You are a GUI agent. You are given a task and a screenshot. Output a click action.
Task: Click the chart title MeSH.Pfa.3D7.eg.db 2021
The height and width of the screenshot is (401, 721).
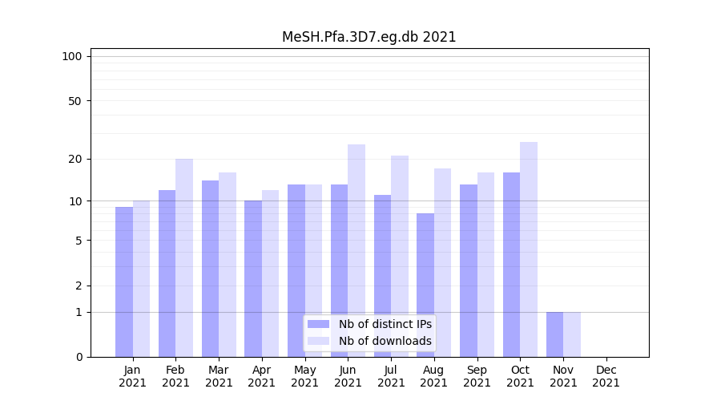coord(369,37)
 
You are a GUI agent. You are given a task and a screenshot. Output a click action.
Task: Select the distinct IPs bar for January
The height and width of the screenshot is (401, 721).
coord(124,281)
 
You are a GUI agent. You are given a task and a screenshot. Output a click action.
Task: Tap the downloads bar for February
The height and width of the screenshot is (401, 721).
coord(184,257)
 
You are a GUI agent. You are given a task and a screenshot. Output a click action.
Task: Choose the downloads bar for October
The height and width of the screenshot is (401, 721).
coord(529,249)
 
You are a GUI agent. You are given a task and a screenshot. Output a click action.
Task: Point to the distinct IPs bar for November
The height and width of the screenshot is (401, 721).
coord(554,334)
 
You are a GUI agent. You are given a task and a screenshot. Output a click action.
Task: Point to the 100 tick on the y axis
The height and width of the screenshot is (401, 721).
coord(72,56)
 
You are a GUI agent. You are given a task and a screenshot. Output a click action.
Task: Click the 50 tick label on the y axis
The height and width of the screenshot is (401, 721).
coord(75,101)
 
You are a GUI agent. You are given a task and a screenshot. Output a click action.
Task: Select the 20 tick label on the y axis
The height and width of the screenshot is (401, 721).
coord(75,159)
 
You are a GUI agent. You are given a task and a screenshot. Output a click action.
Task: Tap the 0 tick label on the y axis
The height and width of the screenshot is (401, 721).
coord(79,357)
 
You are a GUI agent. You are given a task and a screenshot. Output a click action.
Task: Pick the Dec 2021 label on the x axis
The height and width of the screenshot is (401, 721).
coord(606,376)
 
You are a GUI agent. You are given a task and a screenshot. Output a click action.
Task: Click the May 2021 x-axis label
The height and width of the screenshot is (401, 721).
coord(305,376)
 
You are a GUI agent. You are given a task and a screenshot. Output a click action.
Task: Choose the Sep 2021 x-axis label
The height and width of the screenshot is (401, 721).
coord(477,376)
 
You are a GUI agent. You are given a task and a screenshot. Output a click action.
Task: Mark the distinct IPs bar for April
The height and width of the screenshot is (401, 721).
coord(253,277)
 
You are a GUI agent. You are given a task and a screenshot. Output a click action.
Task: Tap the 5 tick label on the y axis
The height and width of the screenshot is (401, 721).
coord(79,240)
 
